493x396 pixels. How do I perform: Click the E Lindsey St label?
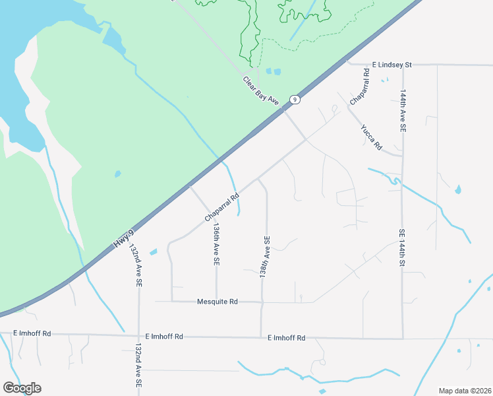pos(391,65)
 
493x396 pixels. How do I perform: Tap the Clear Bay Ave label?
pos(262,90)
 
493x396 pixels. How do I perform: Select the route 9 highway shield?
pos(295,100)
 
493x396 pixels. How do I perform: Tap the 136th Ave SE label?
pos(216,243)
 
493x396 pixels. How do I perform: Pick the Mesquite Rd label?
pos(217,302)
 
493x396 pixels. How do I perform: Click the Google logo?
pos(22,388)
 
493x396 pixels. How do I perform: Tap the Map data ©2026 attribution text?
pos(464,390)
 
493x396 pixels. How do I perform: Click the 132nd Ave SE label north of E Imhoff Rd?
pos(136,266)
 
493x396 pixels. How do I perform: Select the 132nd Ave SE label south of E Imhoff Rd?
pos(138,365)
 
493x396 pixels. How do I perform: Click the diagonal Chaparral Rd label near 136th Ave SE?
pos(221,207)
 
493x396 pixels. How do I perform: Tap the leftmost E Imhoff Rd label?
pos(32,334)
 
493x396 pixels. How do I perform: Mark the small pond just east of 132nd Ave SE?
pos(154,252)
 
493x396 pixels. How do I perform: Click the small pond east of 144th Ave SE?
pos(458,189)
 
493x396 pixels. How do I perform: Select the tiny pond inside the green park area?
pos(117,174)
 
